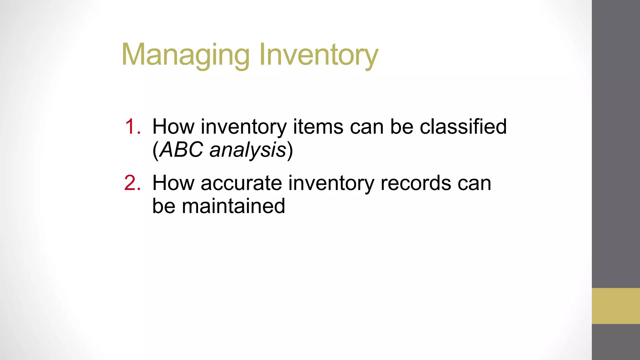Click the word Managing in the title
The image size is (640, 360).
tap(186, 55)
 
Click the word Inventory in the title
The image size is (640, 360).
tap(319, 55)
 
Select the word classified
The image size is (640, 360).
tap(463, 127)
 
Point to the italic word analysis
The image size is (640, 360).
tap(248, 150)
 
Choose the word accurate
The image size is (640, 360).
tap(241, 183)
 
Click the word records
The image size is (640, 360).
tap(416, 183)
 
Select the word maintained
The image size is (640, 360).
tap(233, 206)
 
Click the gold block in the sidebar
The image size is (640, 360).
tap(616, 306)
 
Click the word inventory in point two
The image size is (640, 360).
tap(331, 184)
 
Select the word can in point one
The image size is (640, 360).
tap(367, 127)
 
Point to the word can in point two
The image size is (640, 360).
tap(474, 184)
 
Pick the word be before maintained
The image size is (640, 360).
tap(164, 206)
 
